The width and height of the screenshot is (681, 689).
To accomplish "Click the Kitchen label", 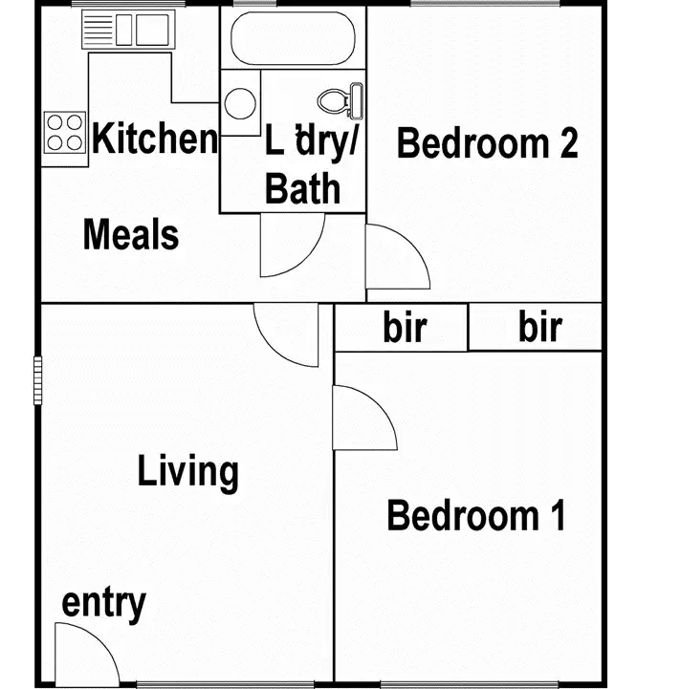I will tap(155, 140).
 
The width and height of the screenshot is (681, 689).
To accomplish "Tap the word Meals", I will tap(131, 234).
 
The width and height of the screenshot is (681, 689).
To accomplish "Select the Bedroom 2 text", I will tap(487, 144).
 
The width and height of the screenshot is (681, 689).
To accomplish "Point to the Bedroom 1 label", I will tap(475, 516).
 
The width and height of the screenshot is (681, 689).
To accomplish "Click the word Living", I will tap(187, 472).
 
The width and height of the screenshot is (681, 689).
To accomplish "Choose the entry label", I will tap(103, 604).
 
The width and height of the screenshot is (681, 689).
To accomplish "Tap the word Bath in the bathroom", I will tap(302, 189).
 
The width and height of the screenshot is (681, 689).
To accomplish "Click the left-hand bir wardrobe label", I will tap(405, 328).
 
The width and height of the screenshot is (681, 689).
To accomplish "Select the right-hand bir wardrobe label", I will tap(540, 328).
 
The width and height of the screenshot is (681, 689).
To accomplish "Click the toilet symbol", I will tap(341, 99).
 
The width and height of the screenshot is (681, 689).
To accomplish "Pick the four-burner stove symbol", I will tap(64, 132).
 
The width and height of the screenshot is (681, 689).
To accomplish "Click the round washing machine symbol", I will tap(240, 101).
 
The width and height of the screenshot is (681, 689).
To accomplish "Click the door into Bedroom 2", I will tap(394, 256).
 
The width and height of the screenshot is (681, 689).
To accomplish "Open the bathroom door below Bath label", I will tap(291, 247).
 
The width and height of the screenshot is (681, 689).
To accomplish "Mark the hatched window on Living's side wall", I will tap(38, 379).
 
